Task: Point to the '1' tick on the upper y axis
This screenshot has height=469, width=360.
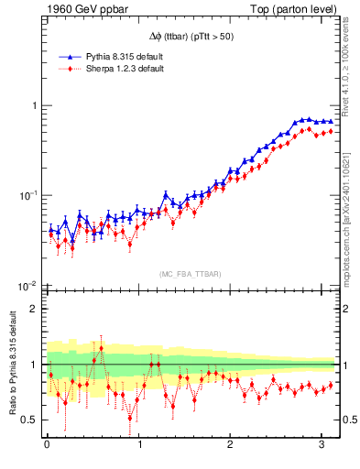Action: point(30,106)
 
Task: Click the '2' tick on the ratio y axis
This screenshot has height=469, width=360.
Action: point(30,309)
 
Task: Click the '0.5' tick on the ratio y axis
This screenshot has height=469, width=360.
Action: point(26,420)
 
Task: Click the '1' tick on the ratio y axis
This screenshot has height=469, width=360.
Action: point(30,365)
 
